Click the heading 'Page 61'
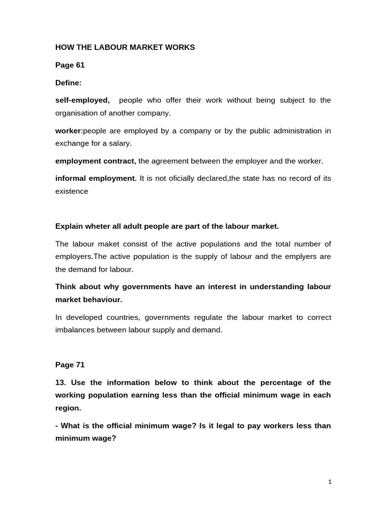[x=70, y=65]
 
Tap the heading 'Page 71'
[x=70, y=365]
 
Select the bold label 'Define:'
[x=68, y=83]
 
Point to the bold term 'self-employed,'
[x=82, y=100]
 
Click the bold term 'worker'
[x=68, y=131]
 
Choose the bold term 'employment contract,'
[x=96, y=161]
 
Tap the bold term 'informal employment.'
[x=96, y=179]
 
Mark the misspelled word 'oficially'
[x=184, y=179]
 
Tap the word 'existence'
[x=72, y=191]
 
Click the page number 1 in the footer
[x=330, y=482]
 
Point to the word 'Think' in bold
[x=66, y=287]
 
